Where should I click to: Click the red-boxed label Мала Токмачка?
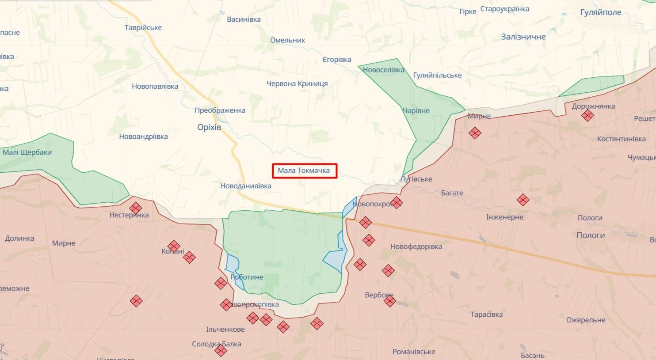coord(304,171)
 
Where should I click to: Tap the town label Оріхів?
coord(209,128)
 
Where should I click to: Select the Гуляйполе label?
coord(600,12)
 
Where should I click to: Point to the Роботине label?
coord(247,277)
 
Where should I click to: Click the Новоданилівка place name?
coord(246,186)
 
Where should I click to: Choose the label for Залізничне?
coord(523,37)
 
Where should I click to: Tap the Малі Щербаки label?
coord(27,152)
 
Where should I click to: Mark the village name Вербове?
coord(379,295)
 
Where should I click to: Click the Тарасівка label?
coord(486,315)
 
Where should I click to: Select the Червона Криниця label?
coord(297,83)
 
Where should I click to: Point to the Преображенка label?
coord(220,110)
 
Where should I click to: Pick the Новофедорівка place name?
coord(416,247)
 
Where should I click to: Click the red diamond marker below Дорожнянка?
coord(587,116)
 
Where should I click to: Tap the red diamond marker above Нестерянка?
coord(136,208)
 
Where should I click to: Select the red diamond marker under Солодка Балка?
coord(221,351)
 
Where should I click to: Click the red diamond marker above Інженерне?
coord(523,200)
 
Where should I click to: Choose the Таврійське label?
coord(143,28)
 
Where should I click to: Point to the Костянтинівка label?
coord(621,139)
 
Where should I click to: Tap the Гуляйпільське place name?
coord(437,76)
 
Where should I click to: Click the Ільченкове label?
coord(225,330)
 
